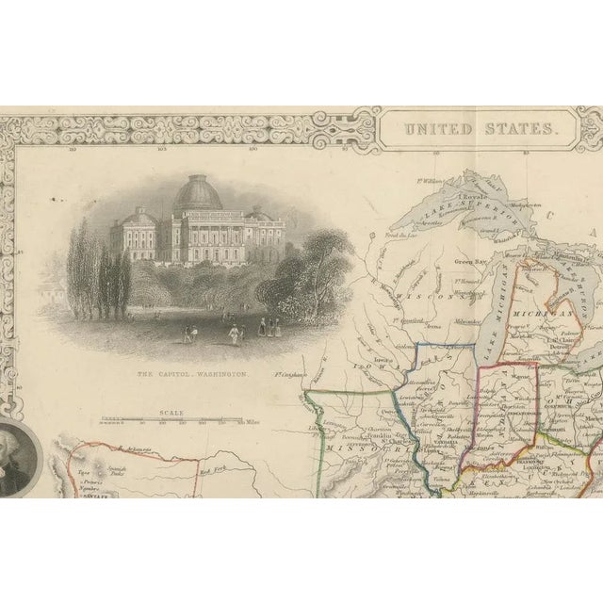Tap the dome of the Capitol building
coord(196,195)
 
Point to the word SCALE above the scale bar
coord(172,412)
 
